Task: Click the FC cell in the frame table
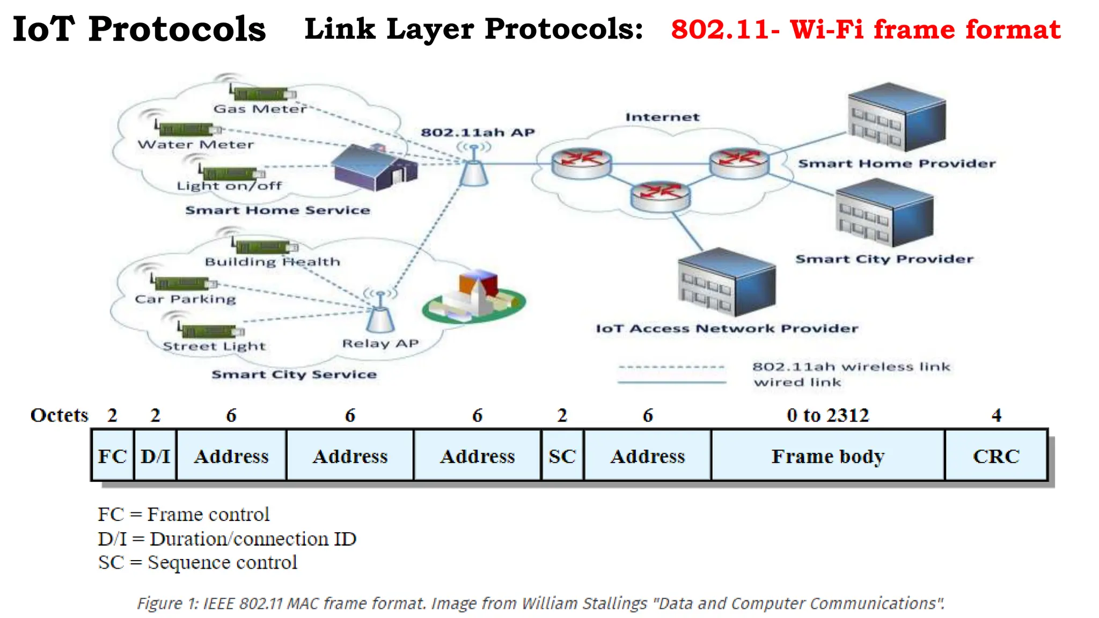coord(112,456)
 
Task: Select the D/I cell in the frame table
coord(155,456)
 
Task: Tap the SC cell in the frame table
coord(562,456)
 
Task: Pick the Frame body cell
coord(827,456)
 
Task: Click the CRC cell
coord(996,456)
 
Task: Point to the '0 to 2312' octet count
coord(827,415)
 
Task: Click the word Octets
coord(59,415)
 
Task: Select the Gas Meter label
coord(260,109)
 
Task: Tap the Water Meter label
coord(195,144)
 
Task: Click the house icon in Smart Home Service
coord(374,168)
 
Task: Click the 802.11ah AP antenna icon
coord(474,166)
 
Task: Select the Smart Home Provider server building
coord(897,117)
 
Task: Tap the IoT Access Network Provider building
coord(727,283)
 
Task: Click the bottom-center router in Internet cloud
coord(660,196)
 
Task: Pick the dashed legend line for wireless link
coord(671,367)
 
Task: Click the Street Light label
coord(214,346)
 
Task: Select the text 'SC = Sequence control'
coord(197,562)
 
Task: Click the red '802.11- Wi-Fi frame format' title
coord(866,29)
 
